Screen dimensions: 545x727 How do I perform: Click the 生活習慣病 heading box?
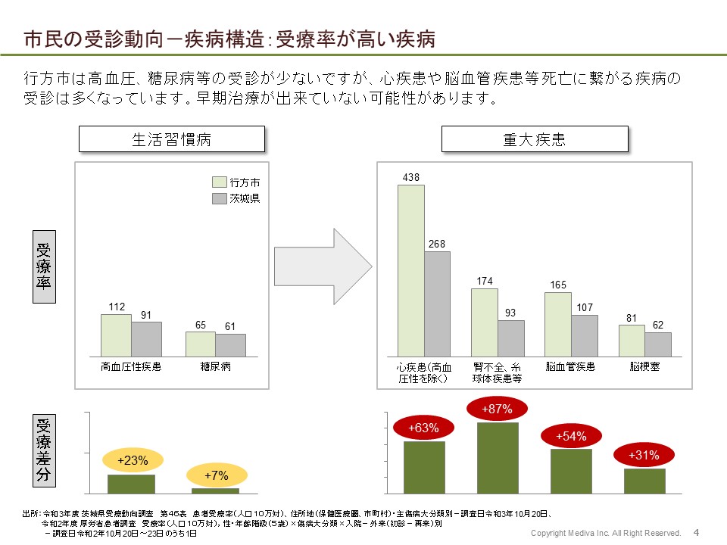pyautogui.click(x=172, y=139)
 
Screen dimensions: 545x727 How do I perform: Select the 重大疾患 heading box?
pyautogui.click(x=535, y=139)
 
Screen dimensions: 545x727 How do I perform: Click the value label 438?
pyautogui.click(x=411, y=177)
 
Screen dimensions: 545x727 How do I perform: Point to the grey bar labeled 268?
pyautogui.click(x=437, y=304)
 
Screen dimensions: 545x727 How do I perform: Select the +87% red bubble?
pyautogui.click(x=498, y=410)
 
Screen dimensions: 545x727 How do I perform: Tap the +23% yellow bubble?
pyautogui.click(x=132, y=459)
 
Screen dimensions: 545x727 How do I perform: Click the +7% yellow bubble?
pyautogui.click(x=217, y=475)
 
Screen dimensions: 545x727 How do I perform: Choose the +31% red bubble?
pyautogui.click(x=644, y=455)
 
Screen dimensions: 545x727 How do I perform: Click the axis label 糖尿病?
pyautogui.click(x=216, y=367)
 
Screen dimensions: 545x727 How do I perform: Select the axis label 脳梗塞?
pyautogui.click(x=644, y=366)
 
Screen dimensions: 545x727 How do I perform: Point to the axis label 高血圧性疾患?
pyautogui.click(x=131, y=367)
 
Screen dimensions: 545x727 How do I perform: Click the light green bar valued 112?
pyautogui.click(x=116, y=335)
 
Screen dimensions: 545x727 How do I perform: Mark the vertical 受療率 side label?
pyautogui.click(x=44, y=272)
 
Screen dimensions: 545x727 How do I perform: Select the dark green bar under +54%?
pyautogui.click(x=571, y=471)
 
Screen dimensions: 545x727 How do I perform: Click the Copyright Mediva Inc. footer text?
pyautogui.click(x=605, y=534)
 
